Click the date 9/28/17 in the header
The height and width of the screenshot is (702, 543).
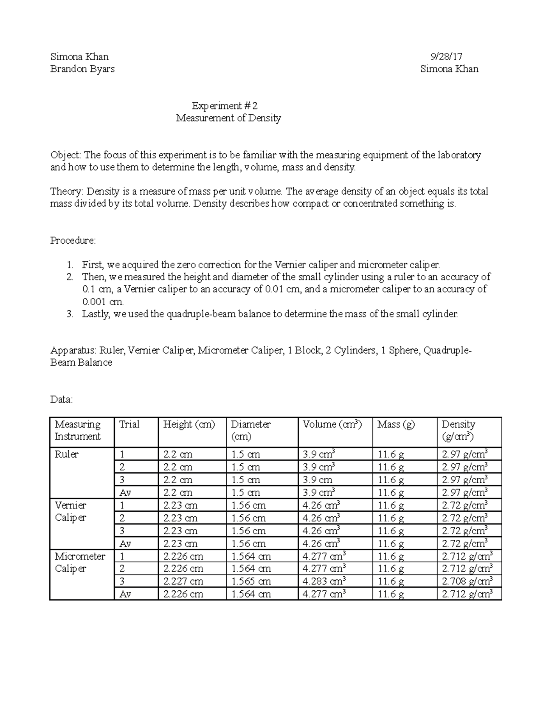[x=446, y=57]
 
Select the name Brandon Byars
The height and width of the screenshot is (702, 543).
[x=82, y=69]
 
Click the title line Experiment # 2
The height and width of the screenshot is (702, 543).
[x=224, y=106]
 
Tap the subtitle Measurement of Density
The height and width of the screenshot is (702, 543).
[x=229, y=118]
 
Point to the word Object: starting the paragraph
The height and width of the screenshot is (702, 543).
[x=66, y=155]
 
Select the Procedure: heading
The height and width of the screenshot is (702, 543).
[x=72, y=240]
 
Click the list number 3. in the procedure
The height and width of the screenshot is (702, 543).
[x=70, y=314]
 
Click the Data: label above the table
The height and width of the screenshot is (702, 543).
[x=61, y=400]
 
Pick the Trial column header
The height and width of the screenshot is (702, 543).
[x=129, y=424]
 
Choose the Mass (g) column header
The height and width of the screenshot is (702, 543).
[x=396, y=424]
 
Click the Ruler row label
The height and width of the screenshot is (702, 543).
[x=67, y=454]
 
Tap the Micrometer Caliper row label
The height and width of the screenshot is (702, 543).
[x=80, y=562]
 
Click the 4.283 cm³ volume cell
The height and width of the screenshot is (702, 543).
[x=324, y=581]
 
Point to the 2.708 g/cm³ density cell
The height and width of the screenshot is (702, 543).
[x=467, y=581]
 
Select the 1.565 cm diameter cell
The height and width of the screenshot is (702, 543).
[x=251, y=581]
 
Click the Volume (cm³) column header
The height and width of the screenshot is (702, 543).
[x=332, y=424]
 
